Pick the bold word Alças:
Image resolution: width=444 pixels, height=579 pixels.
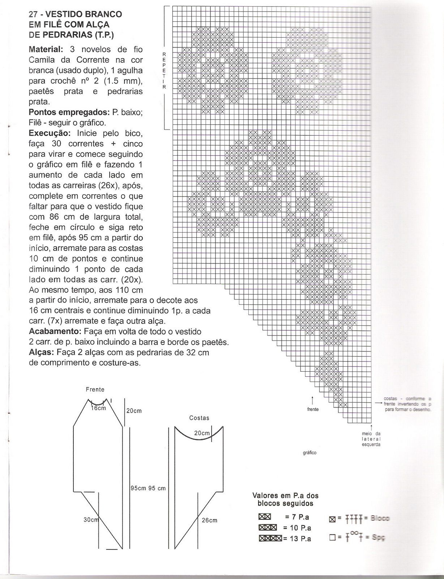[41, 352]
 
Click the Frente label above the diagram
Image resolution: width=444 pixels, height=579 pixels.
[95, 390]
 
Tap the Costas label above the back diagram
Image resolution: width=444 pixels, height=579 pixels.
[199, 418]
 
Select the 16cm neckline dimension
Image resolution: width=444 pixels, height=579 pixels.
[98, 408]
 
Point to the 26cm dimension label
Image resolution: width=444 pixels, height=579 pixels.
[210, 520]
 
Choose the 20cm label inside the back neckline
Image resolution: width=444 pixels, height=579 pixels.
[202, 433]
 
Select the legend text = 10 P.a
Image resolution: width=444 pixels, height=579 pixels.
[297, 528]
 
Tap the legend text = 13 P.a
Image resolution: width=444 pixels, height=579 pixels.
[297, 539]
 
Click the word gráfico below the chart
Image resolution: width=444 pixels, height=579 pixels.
[310, 453]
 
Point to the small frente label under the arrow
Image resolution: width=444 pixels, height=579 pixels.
[313, 409]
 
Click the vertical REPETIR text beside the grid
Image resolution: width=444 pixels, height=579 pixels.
[164, 71]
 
